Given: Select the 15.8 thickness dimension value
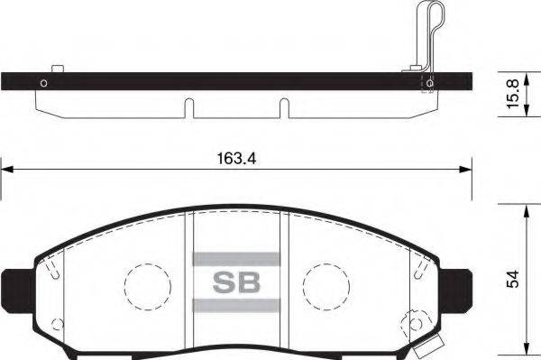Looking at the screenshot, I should point(511,94).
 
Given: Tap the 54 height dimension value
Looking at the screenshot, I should point(511,281).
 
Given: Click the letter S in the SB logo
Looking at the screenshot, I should point(224,282).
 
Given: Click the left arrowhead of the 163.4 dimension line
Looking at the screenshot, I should point(5,168).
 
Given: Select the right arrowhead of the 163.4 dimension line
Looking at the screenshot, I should point(467,168).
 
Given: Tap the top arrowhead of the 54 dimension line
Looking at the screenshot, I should point(525,208).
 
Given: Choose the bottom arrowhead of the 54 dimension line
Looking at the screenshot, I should point(525,353).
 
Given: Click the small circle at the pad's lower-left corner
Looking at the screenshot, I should point(57,323).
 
